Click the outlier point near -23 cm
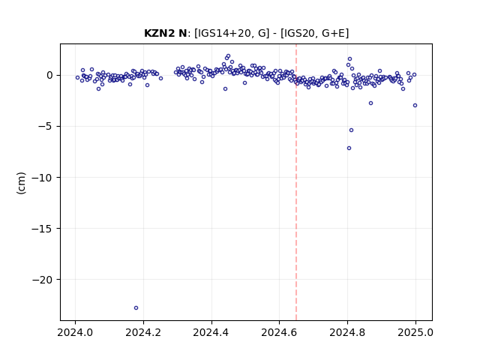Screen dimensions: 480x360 tap(136, 308)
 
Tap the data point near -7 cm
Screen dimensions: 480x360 tap(349, 148)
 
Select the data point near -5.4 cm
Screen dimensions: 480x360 tap(352, 130)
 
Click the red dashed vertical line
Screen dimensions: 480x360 tap(296, 182)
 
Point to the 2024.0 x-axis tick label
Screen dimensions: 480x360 tap(75, 332)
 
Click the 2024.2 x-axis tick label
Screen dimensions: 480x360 tap(143, 332)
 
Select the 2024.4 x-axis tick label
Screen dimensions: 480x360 tap(211, 332)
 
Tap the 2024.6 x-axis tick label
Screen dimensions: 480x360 tap(279, 332)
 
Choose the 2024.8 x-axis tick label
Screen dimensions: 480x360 tap(347, 332)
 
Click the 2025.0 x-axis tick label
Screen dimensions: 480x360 tap(415, 332)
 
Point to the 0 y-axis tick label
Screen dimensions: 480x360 tap(50, 75)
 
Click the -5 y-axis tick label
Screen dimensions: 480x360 tap(45, 127)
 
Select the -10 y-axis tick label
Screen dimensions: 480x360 tap(43, 178)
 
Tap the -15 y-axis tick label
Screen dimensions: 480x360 tap(43, 229)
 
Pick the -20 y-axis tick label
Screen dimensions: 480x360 tap(43, 280)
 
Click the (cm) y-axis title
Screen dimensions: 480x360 tap(21, 183)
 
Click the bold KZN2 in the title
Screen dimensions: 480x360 tap(160, 33)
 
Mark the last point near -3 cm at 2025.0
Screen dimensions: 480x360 tap(415, 105)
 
